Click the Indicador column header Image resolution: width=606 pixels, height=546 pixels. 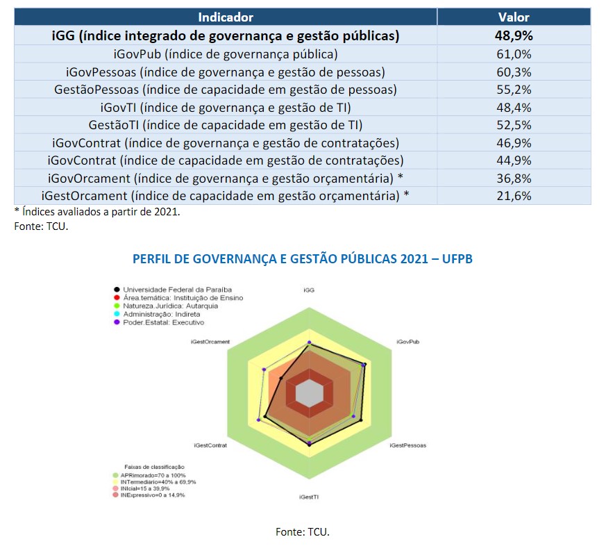226,17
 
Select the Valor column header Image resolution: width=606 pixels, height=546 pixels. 514,17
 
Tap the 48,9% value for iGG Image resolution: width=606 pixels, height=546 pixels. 514,36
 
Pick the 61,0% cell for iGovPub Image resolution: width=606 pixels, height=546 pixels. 514,54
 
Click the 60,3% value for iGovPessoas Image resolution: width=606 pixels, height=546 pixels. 514,72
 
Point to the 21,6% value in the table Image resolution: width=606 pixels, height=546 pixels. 514,196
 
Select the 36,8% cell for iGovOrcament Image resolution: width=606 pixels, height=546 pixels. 514,178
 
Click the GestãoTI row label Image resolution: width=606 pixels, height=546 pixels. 226,125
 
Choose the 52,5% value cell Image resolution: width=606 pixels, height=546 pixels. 514,125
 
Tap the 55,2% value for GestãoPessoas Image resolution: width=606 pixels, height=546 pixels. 514,90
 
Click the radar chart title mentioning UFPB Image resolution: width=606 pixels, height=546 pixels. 303,259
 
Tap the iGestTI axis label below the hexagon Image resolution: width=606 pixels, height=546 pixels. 309,497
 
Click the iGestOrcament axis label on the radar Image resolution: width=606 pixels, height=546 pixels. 210,342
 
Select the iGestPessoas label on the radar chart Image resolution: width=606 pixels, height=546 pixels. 408,445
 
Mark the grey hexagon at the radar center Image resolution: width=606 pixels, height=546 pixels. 309,394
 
